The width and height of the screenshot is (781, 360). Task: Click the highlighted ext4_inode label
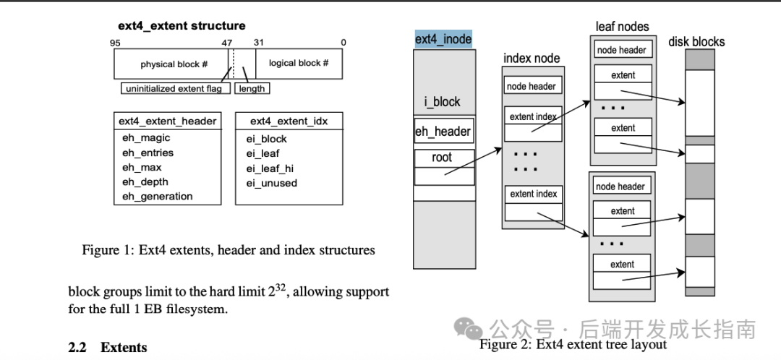point(443,39)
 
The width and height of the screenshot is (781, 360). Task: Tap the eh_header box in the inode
point(443,131)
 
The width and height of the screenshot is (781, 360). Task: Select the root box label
point(443,158)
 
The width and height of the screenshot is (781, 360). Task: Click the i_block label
point(443,102)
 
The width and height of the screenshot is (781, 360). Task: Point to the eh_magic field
point(146,138)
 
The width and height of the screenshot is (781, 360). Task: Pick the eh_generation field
point(158,196)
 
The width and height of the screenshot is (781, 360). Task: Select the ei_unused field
point(271,183)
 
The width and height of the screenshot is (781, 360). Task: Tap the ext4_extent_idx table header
point(289,121)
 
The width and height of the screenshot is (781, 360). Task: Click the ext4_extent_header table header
point(167,121)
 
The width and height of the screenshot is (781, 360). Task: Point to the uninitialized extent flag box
point(175,89)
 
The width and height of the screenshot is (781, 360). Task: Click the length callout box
point(252,89)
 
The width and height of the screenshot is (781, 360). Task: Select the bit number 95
point(116,43)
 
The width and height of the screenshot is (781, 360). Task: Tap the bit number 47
point(228,43)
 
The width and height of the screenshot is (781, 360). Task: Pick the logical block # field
point(299,63)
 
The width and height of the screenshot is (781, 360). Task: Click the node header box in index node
point(533,86)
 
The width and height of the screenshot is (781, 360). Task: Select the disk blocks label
point(696,41)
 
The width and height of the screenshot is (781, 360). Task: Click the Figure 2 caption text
point(573,344)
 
